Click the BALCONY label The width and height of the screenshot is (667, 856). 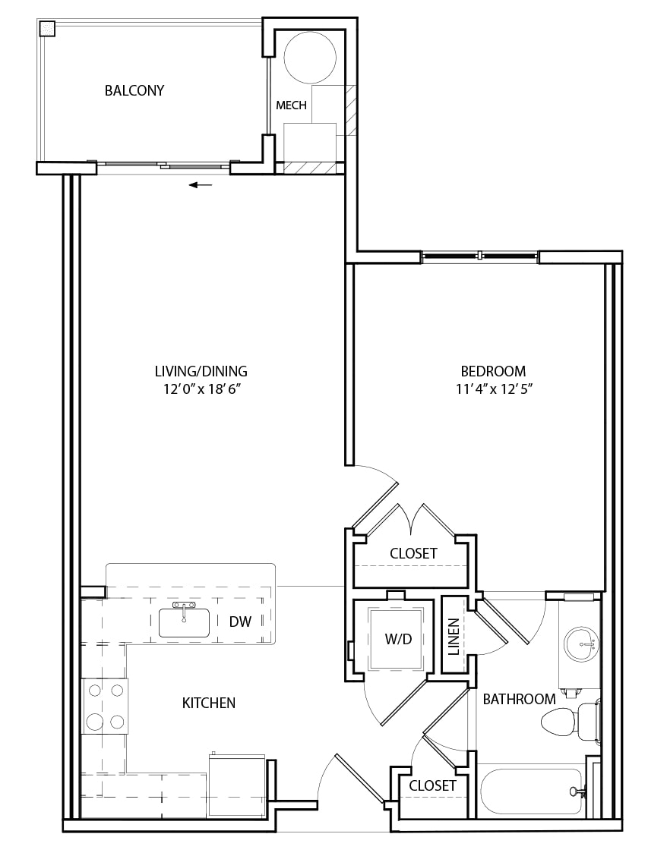(134, 90)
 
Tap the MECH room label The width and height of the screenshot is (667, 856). (291, 105)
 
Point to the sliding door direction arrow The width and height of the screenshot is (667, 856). (201, 185)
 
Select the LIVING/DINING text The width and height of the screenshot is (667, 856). (201, 371)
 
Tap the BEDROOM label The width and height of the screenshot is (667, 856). (493, 371)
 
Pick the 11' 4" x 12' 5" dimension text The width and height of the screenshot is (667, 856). (494, 389)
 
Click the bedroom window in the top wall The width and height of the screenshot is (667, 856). (479, 255)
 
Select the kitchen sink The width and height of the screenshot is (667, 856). (185, 623)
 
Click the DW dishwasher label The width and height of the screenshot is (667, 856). (241, 622)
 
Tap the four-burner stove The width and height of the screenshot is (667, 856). (106, 707)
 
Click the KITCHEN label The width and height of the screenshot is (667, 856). (209, 703)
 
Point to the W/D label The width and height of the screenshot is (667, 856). (398, 639)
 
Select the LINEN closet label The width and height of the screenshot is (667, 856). (454, 637)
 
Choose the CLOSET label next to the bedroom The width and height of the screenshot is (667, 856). (413, 553)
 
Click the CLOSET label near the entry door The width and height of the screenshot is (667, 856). (432, 785)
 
